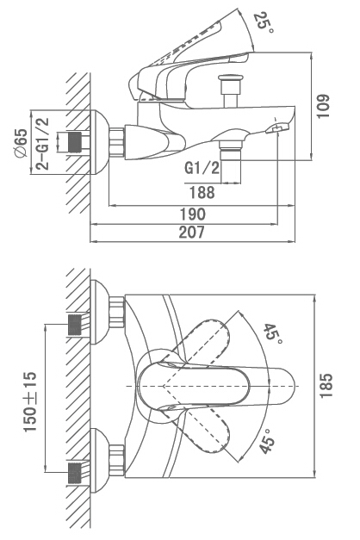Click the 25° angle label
point(264,22)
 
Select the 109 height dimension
point(323,106)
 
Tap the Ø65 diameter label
point(21,143)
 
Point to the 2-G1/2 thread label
point(43,144)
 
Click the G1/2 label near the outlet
point(202,168)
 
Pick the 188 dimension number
point(202,192)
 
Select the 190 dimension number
point(193,214)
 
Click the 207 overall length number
point(191,233)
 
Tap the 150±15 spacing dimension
point(30,401)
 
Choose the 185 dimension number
point(326,386)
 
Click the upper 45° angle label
point(273,334)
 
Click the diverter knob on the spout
point(231,90)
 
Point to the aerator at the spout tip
point(277,129)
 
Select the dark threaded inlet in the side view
point(76,142)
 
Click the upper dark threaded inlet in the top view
point(75,325)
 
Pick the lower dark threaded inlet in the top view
point(75,473)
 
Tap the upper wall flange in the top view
point(100,312)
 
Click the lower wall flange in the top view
point(100,461)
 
